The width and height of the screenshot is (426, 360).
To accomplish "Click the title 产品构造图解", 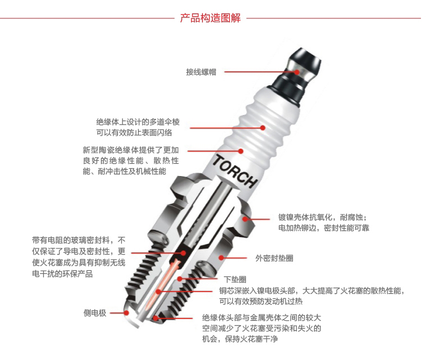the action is tap(210, 18).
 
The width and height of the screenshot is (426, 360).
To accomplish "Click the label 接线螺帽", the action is tap(201, 72).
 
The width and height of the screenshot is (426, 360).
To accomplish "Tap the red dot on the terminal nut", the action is tap(297, 72).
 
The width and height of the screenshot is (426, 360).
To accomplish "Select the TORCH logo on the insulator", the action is tap(235, 172).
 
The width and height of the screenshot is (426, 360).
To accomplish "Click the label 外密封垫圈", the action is tap(274, 258).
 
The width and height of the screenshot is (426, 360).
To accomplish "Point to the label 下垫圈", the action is tap(235, 279).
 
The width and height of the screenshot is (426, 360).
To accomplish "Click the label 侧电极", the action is tap(95, 313).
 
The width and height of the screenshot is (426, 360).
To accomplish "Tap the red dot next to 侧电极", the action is tap(126, 313).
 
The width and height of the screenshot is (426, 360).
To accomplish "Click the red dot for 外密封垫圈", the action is tap(222, 257).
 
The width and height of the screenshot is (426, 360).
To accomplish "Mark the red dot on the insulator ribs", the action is tap(263, 128).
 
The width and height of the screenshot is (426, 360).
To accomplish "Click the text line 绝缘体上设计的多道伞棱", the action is tap(138, 122).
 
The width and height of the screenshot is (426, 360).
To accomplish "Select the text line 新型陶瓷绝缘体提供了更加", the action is tap(131, 150).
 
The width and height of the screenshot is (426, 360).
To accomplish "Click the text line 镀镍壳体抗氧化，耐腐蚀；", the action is tap(323, 217).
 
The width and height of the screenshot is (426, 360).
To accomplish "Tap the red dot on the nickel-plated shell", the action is tap(245, 219).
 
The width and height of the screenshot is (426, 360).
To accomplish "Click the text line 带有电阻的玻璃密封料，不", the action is tap(79, 240).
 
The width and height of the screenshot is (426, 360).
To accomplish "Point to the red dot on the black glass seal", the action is tap(184, 253).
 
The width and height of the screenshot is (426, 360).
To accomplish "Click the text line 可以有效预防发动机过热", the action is tap(261, 301).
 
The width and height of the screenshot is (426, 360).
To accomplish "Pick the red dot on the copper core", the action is tap(158, 292).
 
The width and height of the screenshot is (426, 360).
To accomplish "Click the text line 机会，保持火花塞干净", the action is tap(240, 339).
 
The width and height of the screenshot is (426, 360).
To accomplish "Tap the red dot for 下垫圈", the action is tap(180, 279).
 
